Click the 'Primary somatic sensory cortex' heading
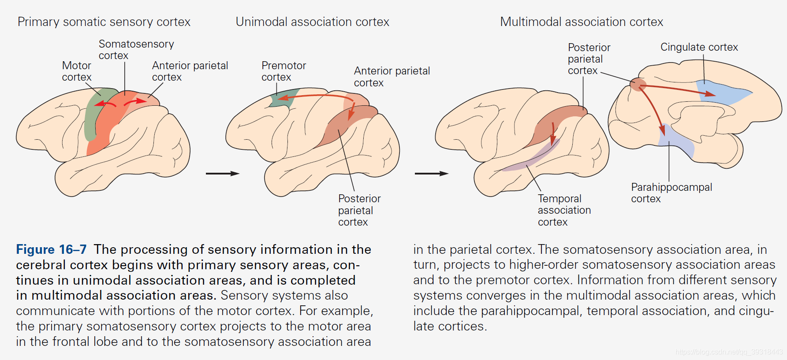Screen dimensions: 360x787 [104, 22]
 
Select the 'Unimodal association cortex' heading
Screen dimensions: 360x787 [312, 22]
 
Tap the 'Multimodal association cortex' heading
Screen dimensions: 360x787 [581, 22]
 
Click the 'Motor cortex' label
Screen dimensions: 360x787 [77, 71]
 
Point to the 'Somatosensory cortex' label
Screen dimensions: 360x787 [136, 50]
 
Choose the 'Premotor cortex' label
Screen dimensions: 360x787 [283, 71]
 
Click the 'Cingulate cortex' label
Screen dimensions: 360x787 [699, 47]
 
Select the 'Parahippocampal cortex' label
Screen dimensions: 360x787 [671, 193]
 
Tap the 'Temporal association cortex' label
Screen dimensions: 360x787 [563, 210]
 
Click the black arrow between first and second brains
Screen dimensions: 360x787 [222, 174]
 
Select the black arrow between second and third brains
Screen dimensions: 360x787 [431, 174]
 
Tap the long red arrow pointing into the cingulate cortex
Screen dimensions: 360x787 [679, 89]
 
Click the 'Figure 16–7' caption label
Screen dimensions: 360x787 [51, 249]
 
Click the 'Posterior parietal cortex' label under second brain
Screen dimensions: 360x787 [359, 210]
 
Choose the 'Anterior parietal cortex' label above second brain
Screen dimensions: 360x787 [392, 77]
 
